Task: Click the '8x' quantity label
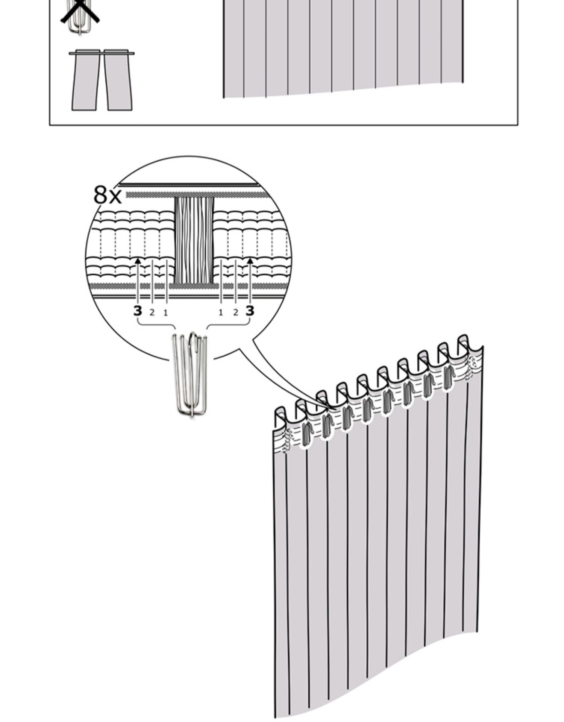tap(108, 195)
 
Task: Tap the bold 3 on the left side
tap(138, 311)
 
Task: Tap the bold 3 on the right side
tap(250, 311)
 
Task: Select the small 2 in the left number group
tap(152, 312)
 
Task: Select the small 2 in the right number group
tap(235, 312)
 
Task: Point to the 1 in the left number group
tap(165, 312)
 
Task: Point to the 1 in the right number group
tap(221, 312)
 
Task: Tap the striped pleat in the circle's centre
tap(194, 241)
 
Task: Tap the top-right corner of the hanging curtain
tap(483, 346)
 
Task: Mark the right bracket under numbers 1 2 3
tap(229, 323)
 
